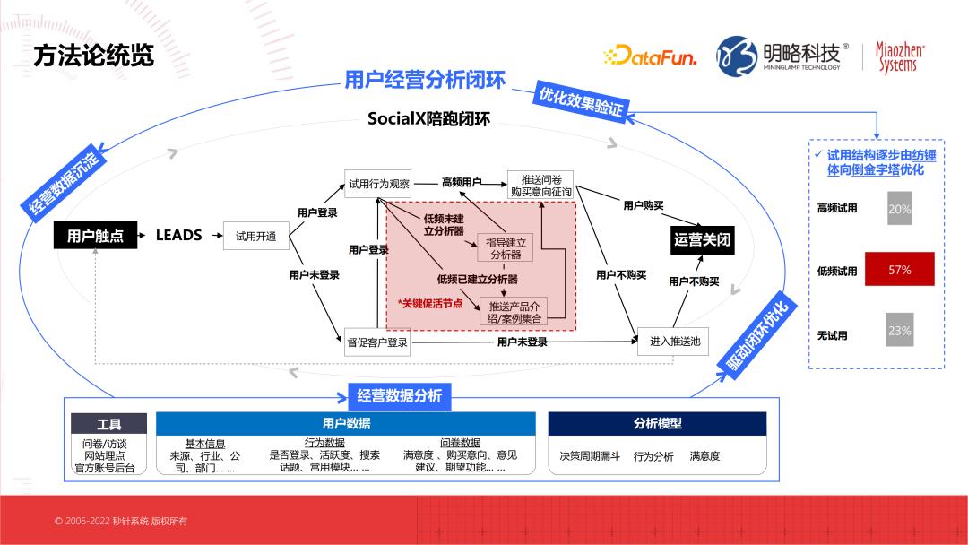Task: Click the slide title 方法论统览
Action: pos(93,56)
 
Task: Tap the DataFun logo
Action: pos(651,56)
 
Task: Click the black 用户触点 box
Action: pos(95,236)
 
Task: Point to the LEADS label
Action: pos(179,236)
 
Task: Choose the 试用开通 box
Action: pos(255,237)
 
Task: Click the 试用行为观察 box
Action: pos(379,183)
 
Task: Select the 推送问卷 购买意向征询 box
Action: pos(540,185)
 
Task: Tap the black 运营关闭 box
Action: pos(703,240)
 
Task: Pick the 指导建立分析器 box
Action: pos(506,247)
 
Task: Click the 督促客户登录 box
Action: pos(377,342)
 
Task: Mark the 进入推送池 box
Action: pos(674,342)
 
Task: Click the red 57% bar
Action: pos(899,269)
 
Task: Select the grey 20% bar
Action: pos(899,208)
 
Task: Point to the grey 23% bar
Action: pos(899,330)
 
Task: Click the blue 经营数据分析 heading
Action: pos(399,395)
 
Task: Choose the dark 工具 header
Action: pos(108,424)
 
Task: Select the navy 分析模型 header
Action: pos(657,424)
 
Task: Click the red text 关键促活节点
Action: pos(430,303)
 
